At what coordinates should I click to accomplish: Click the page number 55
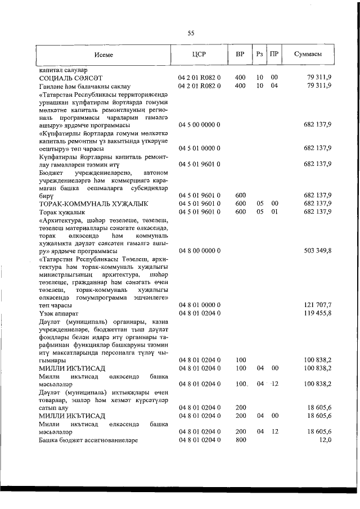(191, 33)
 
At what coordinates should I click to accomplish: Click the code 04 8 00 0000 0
(199, 250)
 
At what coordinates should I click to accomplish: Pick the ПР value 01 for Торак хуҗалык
(274, 211)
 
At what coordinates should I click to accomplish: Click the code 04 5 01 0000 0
(199, 148)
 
